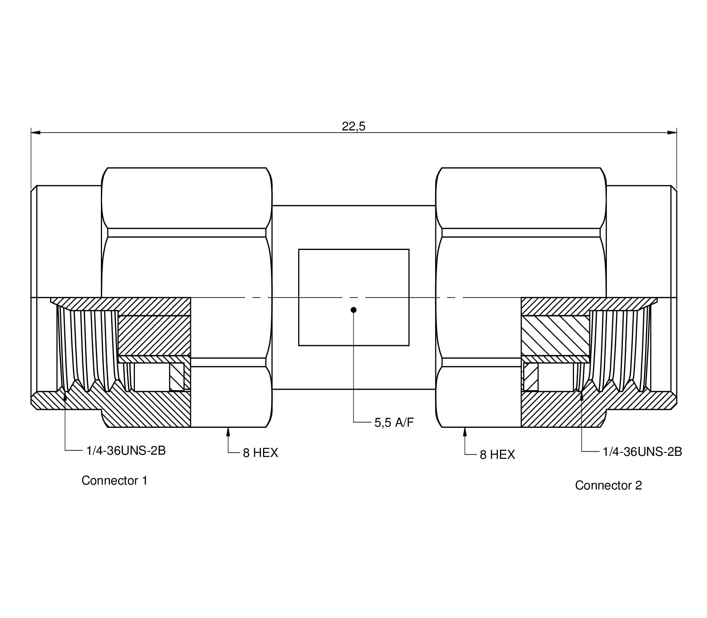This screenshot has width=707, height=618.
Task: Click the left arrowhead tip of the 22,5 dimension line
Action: coord(31,132)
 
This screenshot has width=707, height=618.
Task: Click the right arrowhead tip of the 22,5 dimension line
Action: coord(677,132)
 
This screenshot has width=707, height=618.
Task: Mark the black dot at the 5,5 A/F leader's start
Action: coord(354,310)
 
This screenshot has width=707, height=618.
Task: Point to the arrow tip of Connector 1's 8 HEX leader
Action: coord(228,428)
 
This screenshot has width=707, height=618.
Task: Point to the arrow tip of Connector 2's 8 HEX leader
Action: coord(465,428)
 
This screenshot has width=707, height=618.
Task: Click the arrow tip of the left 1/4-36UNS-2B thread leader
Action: coord(65,392)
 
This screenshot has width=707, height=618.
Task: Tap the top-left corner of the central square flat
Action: coord(299,249)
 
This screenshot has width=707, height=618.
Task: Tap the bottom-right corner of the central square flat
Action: coord(409,346)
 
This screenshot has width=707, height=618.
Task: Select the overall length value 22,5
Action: coord(353,126)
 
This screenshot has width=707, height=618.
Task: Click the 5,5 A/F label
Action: coord(394,423)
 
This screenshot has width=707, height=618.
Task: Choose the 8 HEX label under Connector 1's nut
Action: coord(260,453)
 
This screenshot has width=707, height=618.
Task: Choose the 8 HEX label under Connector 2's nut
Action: coord(497,454)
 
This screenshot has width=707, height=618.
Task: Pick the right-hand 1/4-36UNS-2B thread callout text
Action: coord(642,452)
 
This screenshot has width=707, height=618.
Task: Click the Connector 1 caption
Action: coord(115,481)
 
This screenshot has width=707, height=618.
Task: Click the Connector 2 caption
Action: coord(608,485)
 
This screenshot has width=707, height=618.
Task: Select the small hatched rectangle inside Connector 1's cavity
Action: coord(177,377)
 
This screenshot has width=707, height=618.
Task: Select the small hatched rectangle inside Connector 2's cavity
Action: coord(531,377)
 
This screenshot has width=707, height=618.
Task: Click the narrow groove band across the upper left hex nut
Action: coord(187,233)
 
